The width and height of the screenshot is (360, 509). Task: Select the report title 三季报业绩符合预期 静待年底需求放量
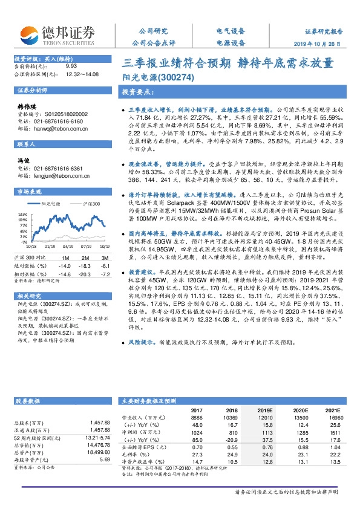[x=228, y=62]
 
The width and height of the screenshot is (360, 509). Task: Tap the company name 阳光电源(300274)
[x=157, y=77]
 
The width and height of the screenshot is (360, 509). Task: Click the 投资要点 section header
[x=139, y=92]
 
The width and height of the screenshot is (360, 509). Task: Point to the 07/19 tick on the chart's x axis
[x=85, y=246]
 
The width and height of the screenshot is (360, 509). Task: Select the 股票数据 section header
[x=27, y=401]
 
